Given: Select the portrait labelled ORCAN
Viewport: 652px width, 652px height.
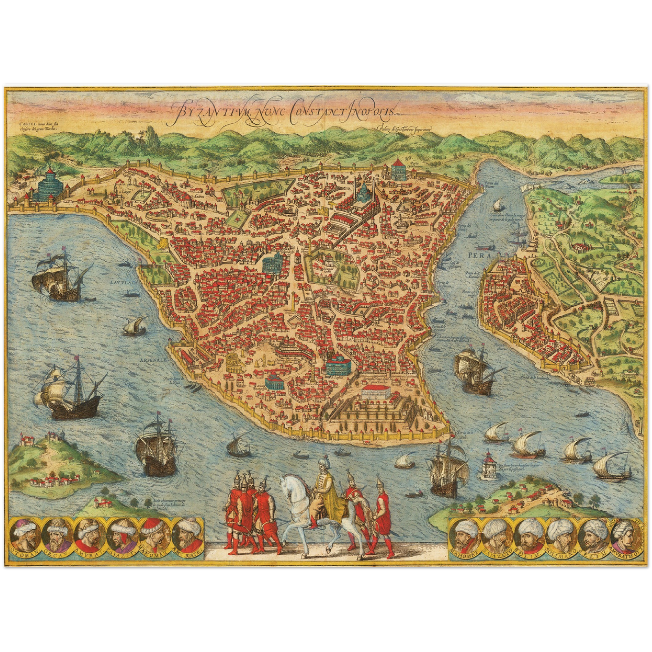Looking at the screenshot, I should click(x=57, y=534).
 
